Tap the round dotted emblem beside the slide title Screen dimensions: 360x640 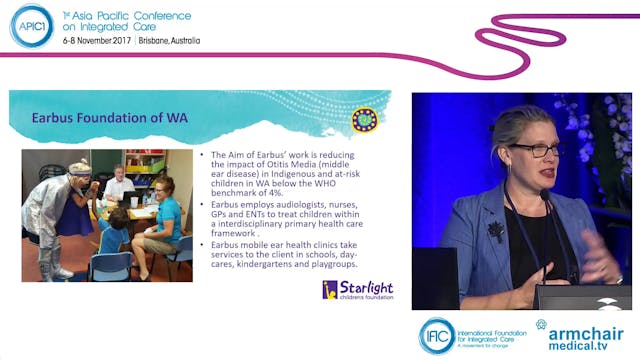[x=364, y=119]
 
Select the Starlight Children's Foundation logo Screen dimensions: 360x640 [x=357, y=290]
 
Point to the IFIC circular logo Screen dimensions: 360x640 [x=437, y=335]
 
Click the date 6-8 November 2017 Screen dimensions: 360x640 [x=95, y=40]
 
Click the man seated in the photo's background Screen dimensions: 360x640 [x=119, y=184]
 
